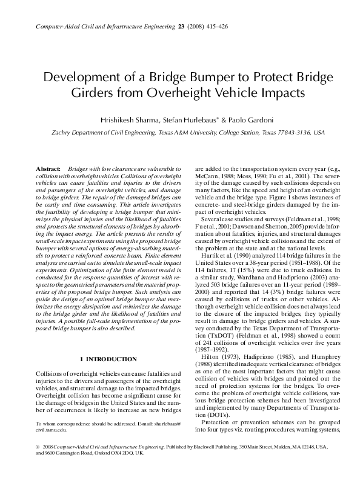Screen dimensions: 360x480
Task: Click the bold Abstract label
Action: coord(48,167)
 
